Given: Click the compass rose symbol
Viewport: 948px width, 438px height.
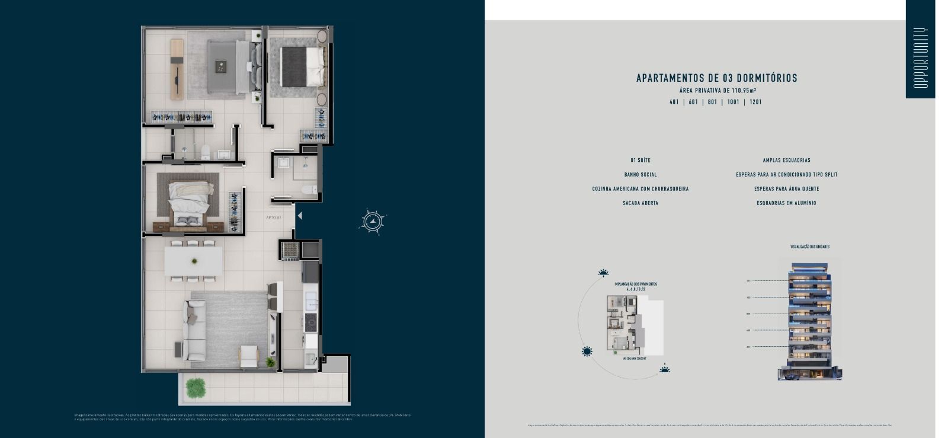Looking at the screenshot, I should coord(372,222).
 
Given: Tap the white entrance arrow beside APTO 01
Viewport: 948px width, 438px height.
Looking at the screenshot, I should coord(300,216).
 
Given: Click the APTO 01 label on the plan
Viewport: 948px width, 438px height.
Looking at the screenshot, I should coord(273,218).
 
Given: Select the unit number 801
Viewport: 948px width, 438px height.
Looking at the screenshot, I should coord(712,102).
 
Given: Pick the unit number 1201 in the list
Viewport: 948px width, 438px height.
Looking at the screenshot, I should coord(755,102).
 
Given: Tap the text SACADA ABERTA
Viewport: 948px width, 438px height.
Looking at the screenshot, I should coord(640,203).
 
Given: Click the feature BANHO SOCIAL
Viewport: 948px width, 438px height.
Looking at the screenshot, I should coord(640,175).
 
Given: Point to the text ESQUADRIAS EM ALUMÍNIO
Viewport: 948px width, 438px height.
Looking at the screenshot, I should coord(786,203).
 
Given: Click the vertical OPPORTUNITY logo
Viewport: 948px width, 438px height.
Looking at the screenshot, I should coord(920,57).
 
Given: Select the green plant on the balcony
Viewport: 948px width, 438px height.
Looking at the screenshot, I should coord(195,388).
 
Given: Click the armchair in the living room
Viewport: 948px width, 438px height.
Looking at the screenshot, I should coord(249,355).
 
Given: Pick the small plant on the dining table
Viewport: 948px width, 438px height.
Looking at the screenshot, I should coord(194,261).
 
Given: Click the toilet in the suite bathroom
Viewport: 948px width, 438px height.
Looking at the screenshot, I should coord(205,153).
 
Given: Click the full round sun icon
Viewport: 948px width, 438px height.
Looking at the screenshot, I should coord(587,351).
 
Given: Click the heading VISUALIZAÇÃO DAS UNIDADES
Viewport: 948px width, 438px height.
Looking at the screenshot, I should coord(809,247).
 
